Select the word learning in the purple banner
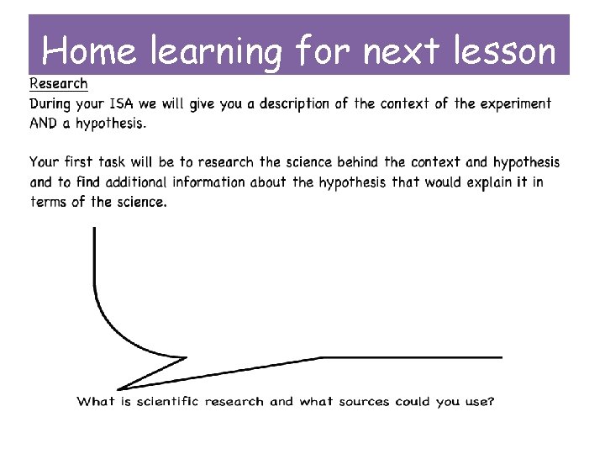point(218,53)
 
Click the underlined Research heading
point(59,83)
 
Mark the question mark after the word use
point(491,401)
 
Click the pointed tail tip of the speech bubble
point(118,388)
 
